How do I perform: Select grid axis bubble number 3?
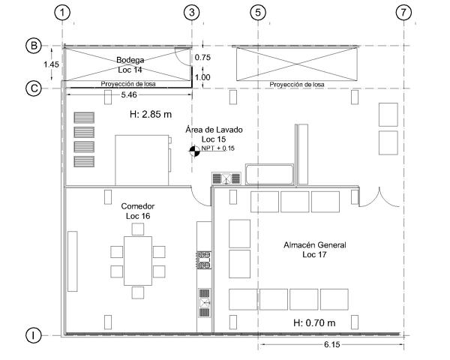193,12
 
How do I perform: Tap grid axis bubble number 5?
258,12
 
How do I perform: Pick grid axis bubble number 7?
405,12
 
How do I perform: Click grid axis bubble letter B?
33,46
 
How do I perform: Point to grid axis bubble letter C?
33,88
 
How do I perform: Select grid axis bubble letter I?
33,335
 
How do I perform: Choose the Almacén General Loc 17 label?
315,250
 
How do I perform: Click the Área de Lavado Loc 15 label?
214,134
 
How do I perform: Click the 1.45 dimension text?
51,65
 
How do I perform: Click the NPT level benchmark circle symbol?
194,150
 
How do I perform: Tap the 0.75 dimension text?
202,57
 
